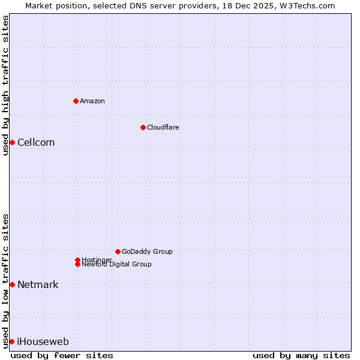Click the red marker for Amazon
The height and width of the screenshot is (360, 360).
(76, 101)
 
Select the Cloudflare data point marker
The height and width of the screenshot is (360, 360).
(143, 127)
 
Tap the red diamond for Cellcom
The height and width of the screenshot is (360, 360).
(12, 142)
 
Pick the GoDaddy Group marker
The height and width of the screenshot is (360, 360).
(118, 251)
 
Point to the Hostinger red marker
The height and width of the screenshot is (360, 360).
(77, 260)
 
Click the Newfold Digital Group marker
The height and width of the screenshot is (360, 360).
(77, 265)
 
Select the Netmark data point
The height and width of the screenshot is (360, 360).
(12, 284)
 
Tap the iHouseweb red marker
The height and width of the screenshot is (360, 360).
(11, 341)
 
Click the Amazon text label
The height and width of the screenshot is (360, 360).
(92, 101)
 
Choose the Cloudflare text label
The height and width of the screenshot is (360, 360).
(163, 127)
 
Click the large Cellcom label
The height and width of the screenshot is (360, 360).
(36, 142)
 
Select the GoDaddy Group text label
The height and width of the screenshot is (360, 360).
(147, 251)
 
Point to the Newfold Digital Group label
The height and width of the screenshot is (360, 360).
(116, 265)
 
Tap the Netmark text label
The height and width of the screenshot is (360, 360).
(38, 284)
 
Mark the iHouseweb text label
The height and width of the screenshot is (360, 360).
(43, 341)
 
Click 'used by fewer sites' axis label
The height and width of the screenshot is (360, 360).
(62, 355)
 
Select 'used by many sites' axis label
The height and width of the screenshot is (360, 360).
(301, 355)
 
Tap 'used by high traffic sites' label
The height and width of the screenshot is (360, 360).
(6, 85)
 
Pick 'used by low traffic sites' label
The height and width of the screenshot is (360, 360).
(6, 280)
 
